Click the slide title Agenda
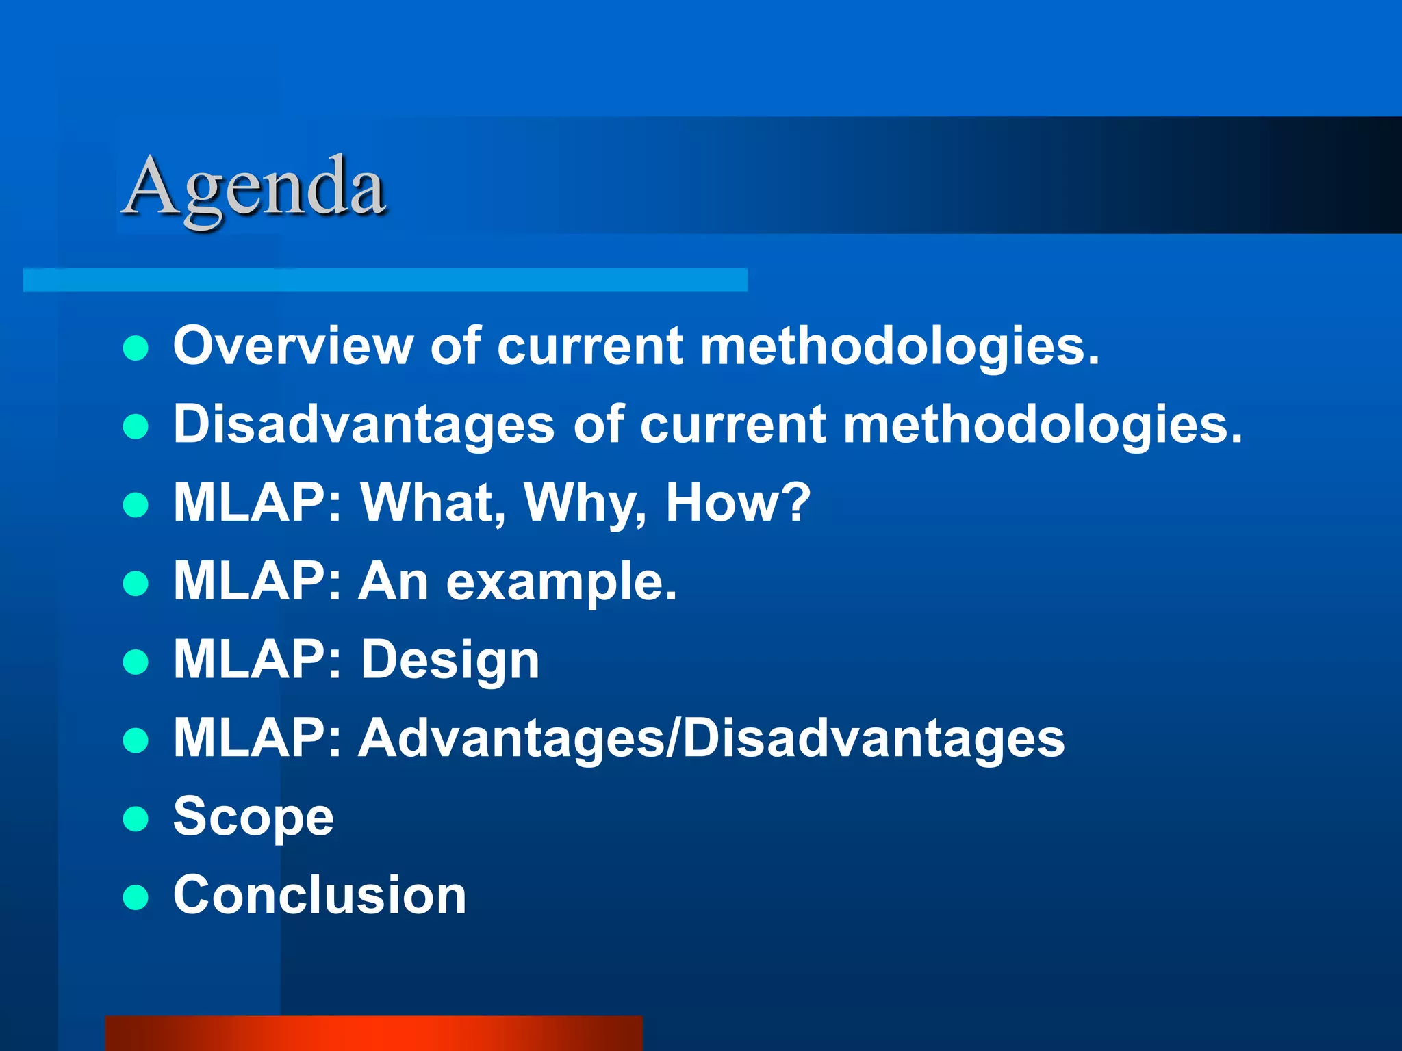click(x=255, y=187)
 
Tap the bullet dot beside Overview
click(x=136, y=348)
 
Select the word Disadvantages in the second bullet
click(x=364, y=424)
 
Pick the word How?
click(x=738, y=502)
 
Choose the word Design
click(x=450, y=660)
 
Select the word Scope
click(x=253, y=818)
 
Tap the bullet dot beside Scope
click(x=136, y=818)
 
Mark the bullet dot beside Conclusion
click(x=136, y=897)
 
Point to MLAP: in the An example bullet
click(x=257, y=581)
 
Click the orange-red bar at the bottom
click(x=374, y=1033)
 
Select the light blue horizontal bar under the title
click(x=385, y=281)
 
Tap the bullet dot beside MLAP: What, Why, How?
click(x=136, y=505)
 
